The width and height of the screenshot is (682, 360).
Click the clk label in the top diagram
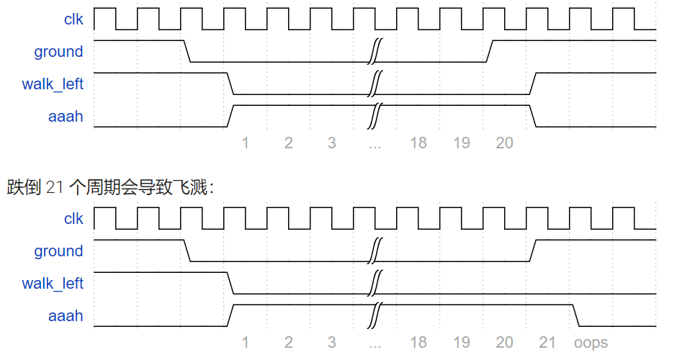[x=73, y=19]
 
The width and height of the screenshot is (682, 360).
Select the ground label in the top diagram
[x=58, y=52]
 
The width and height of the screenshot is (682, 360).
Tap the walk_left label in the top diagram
[x=53, y=84]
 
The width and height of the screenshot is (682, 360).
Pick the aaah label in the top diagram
[x=66, y=117]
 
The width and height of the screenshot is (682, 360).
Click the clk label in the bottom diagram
[x=73, y=219]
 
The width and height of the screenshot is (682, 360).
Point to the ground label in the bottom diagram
[x=58, y=251]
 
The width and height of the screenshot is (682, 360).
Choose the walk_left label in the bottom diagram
[x=53, y=284]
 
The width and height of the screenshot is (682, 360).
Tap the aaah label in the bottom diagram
[x=66, y=316]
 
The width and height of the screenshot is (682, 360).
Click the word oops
[x=591, y=343]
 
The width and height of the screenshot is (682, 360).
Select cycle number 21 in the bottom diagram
[x=547, y=343]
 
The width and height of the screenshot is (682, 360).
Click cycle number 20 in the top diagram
[x=504, y=143]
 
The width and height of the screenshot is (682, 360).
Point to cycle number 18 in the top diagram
[x=418, y=143]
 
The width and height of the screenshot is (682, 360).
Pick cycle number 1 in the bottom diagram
[x=246, y=343]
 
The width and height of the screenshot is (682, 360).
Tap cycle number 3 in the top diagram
[x=332, y=143]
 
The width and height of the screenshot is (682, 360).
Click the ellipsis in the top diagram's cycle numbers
[x=374, y=145]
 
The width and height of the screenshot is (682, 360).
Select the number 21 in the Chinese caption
[x=55, y=189]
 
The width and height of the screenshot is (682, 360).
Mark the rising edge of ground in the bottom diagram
[x=533, y=251]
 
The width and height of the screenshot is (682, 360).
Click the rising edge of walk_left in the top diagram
[x=533, y=84]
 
